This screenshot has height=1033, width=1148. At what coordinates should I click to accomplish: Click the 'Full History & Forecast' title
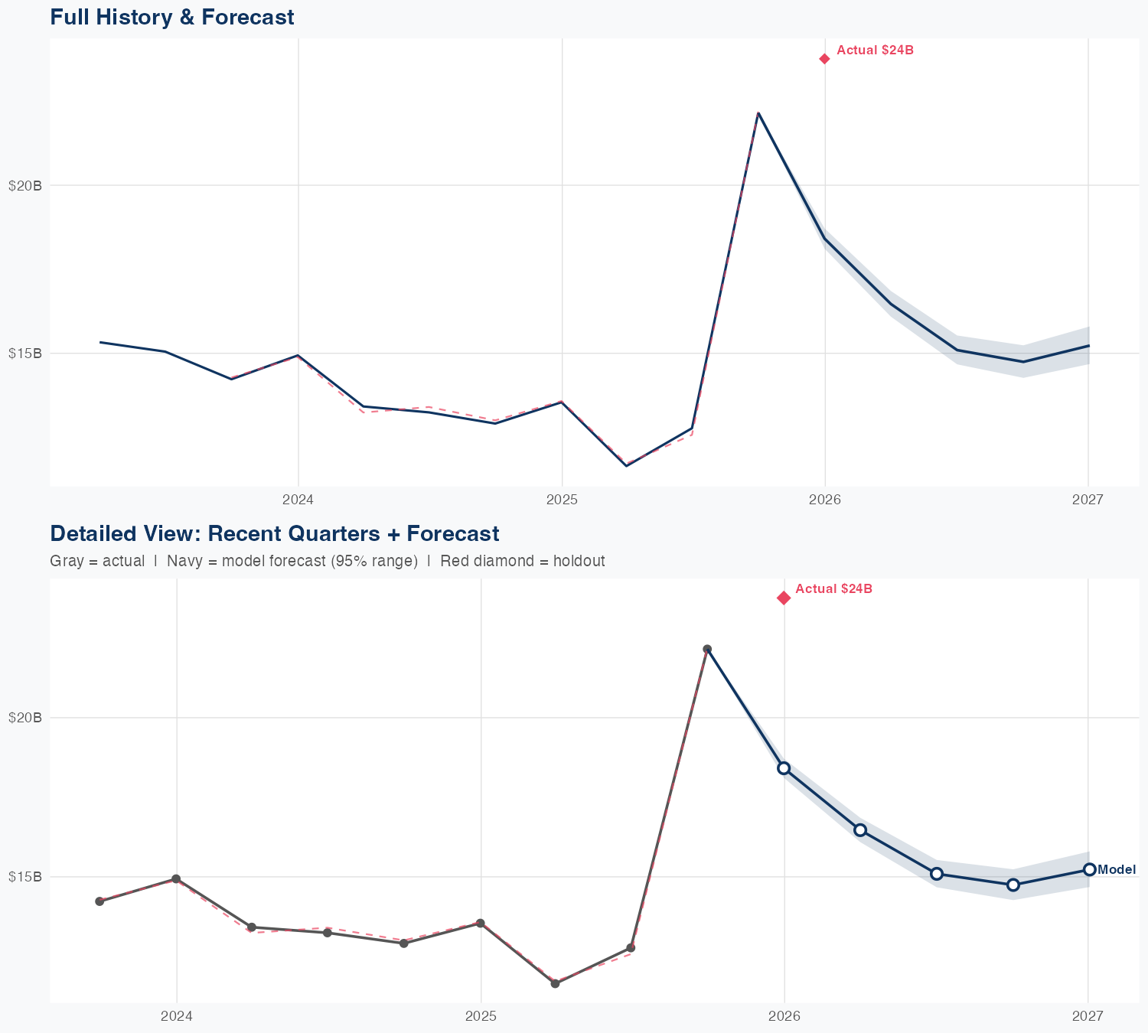[171, 17]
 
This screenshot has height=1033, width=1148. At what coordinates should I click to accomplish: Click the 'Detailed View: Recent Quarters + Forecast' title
[274, 533]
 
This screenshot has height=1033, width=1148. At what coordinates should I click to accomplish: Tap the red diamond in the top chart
[824, 59]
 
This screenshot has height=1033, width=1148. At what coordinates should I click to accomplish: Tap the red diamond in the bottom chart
[784, 598]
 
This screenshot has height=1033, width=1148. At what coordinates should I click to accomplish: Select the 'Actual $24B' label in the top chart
[875, 51]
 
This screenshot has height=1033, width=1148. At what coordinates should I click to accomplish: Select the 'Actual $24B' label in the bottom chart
[833, 589]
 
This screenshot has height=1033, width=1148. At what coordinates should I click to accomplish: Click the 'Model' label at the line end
[1117, 869]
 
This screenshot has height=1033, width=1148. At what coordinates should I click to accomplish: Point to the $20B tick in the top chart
[24, 185]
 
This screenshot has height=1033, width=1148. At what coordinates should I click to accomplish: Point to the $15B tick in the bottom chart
[24, 876]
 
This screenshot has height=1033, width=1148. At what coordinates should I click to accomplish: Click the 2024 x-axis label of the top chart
[298, 500]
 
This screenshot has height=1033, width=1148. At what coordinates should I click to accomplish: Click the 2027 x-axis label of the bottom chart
[1088, 1016]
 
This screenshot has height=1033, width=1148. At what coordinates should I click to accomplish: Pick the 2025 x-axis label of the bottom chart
[481, 1016]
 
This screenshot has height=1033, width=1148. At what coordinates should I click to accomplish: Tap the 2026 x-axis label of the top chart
[824, 500]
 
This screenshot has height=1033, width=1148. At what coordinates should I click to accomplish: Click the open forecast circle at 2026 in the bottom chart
[784, 768]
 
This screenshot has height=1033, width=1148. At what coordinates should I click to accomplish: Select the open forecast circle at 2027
[1089, 869]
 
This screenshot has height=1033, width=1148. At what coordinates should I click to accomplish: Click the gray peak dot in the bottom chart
[707, 649]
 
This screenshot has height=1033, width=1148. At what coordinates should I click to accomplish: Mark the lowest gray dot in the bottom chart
[555, 983]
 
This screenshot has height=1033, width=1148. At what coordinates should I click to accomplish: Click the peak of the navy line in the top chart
[758, 112]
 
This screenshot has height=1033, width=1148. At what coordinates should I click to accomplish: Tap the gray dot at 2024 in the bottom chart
[176, 879]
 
